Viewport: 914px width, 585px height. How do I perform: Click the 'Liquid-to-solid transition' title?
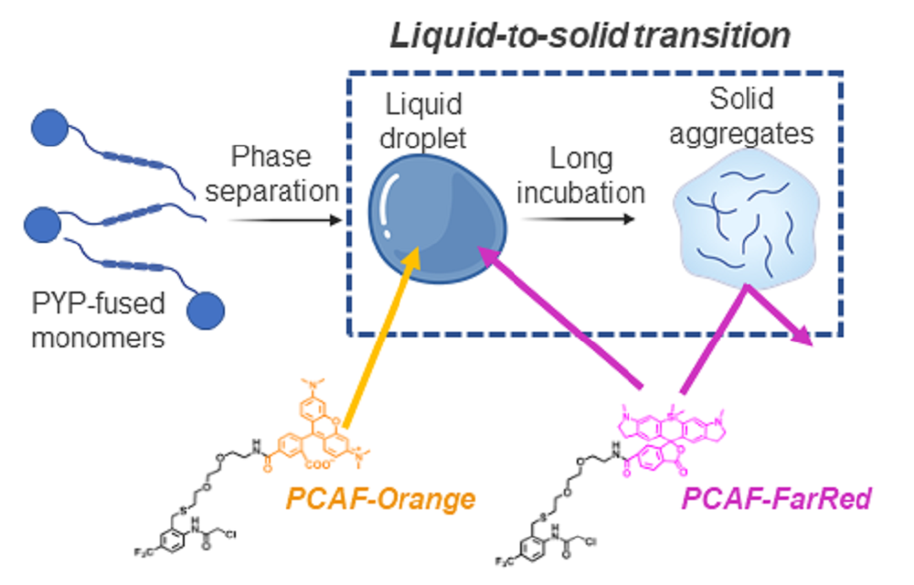tap(590, 36)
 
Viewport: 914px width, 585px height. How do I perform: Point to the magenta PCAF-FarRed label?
tap(777, 500)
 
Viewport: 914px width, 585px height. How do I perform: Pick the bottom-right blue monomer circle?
tap(206, 310)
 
